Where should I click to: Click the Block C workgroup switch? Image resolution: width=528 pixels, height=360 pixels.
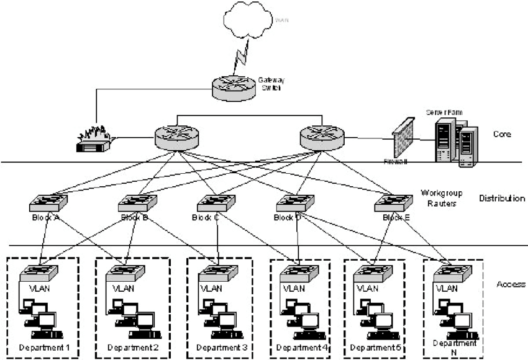coord(216,202)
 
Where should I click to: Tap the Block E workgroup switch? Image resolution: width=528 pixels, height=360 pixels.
coord(393,202)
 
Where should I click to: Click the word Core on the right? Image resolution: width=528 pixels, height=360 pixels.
coord(501,133)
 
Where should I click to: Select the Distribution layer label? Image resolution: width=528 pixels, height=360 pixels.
coord(502,199)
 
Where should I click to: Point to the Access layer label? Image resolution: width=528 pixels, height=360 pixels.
coord(511,284)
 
